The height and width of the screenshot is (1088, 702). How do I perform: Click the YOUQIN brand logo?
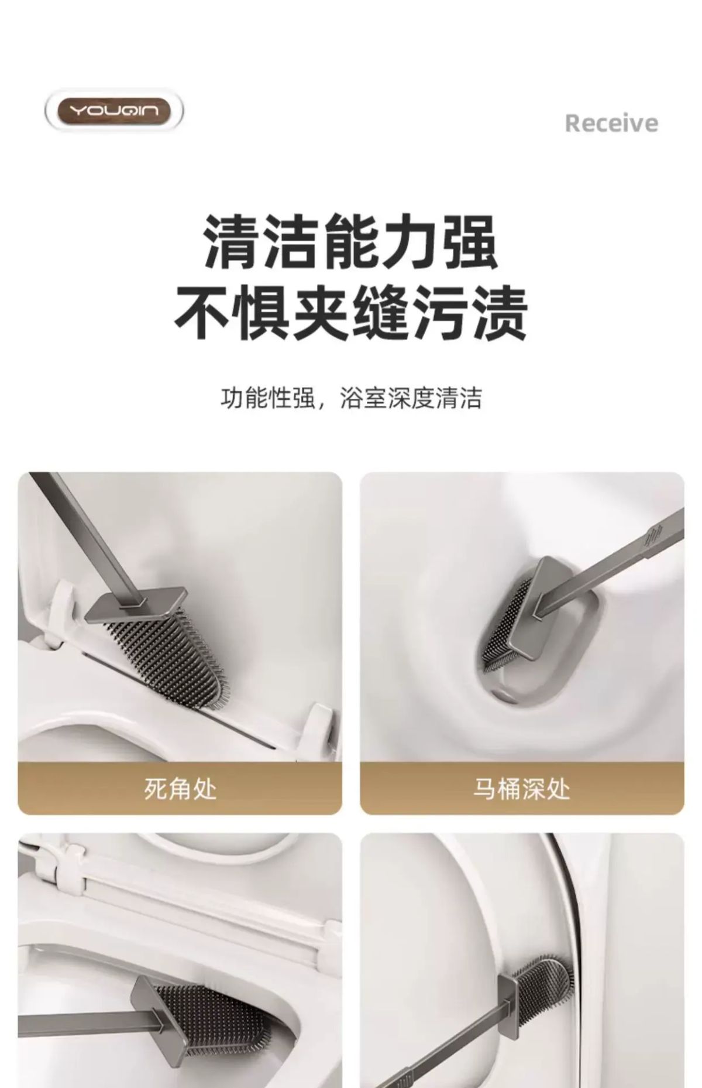coord(114,110)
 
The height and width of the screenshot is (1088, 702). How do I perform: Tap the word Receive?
coord(611,123)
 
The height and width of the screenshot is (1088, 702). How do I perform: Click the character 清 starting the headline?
coord(232,242)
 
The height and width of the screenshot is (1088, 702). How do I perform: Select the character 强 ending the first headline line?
coord(469,242)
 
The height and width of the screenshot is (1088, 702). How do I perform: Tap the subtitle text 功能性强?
coord(267,399)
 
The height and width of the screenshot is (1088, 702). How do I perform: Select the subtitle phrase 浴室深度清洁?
coord(411,399)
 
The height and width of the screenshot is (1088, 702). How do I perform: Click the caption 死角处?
coord(180,788)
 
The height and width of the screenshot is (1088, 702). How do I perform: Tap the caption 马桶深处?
coord(521,788)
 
